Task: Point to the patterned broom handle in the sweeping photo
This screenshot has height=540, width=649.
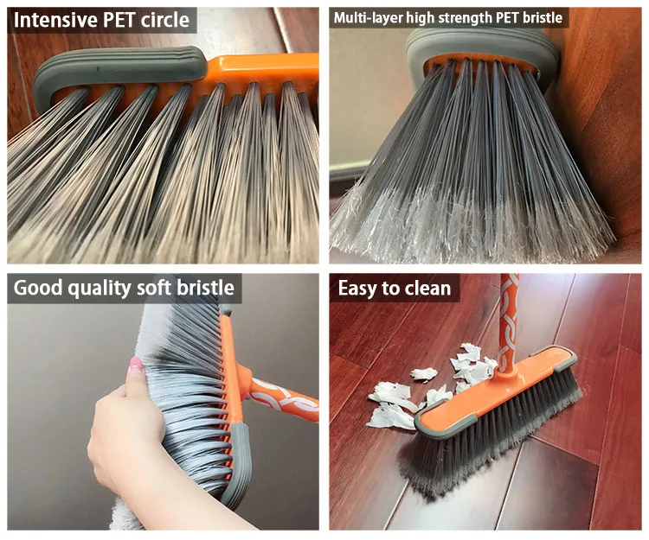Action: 509,320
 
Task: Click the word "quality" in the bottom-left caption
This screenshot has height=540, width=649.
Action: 99,288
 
